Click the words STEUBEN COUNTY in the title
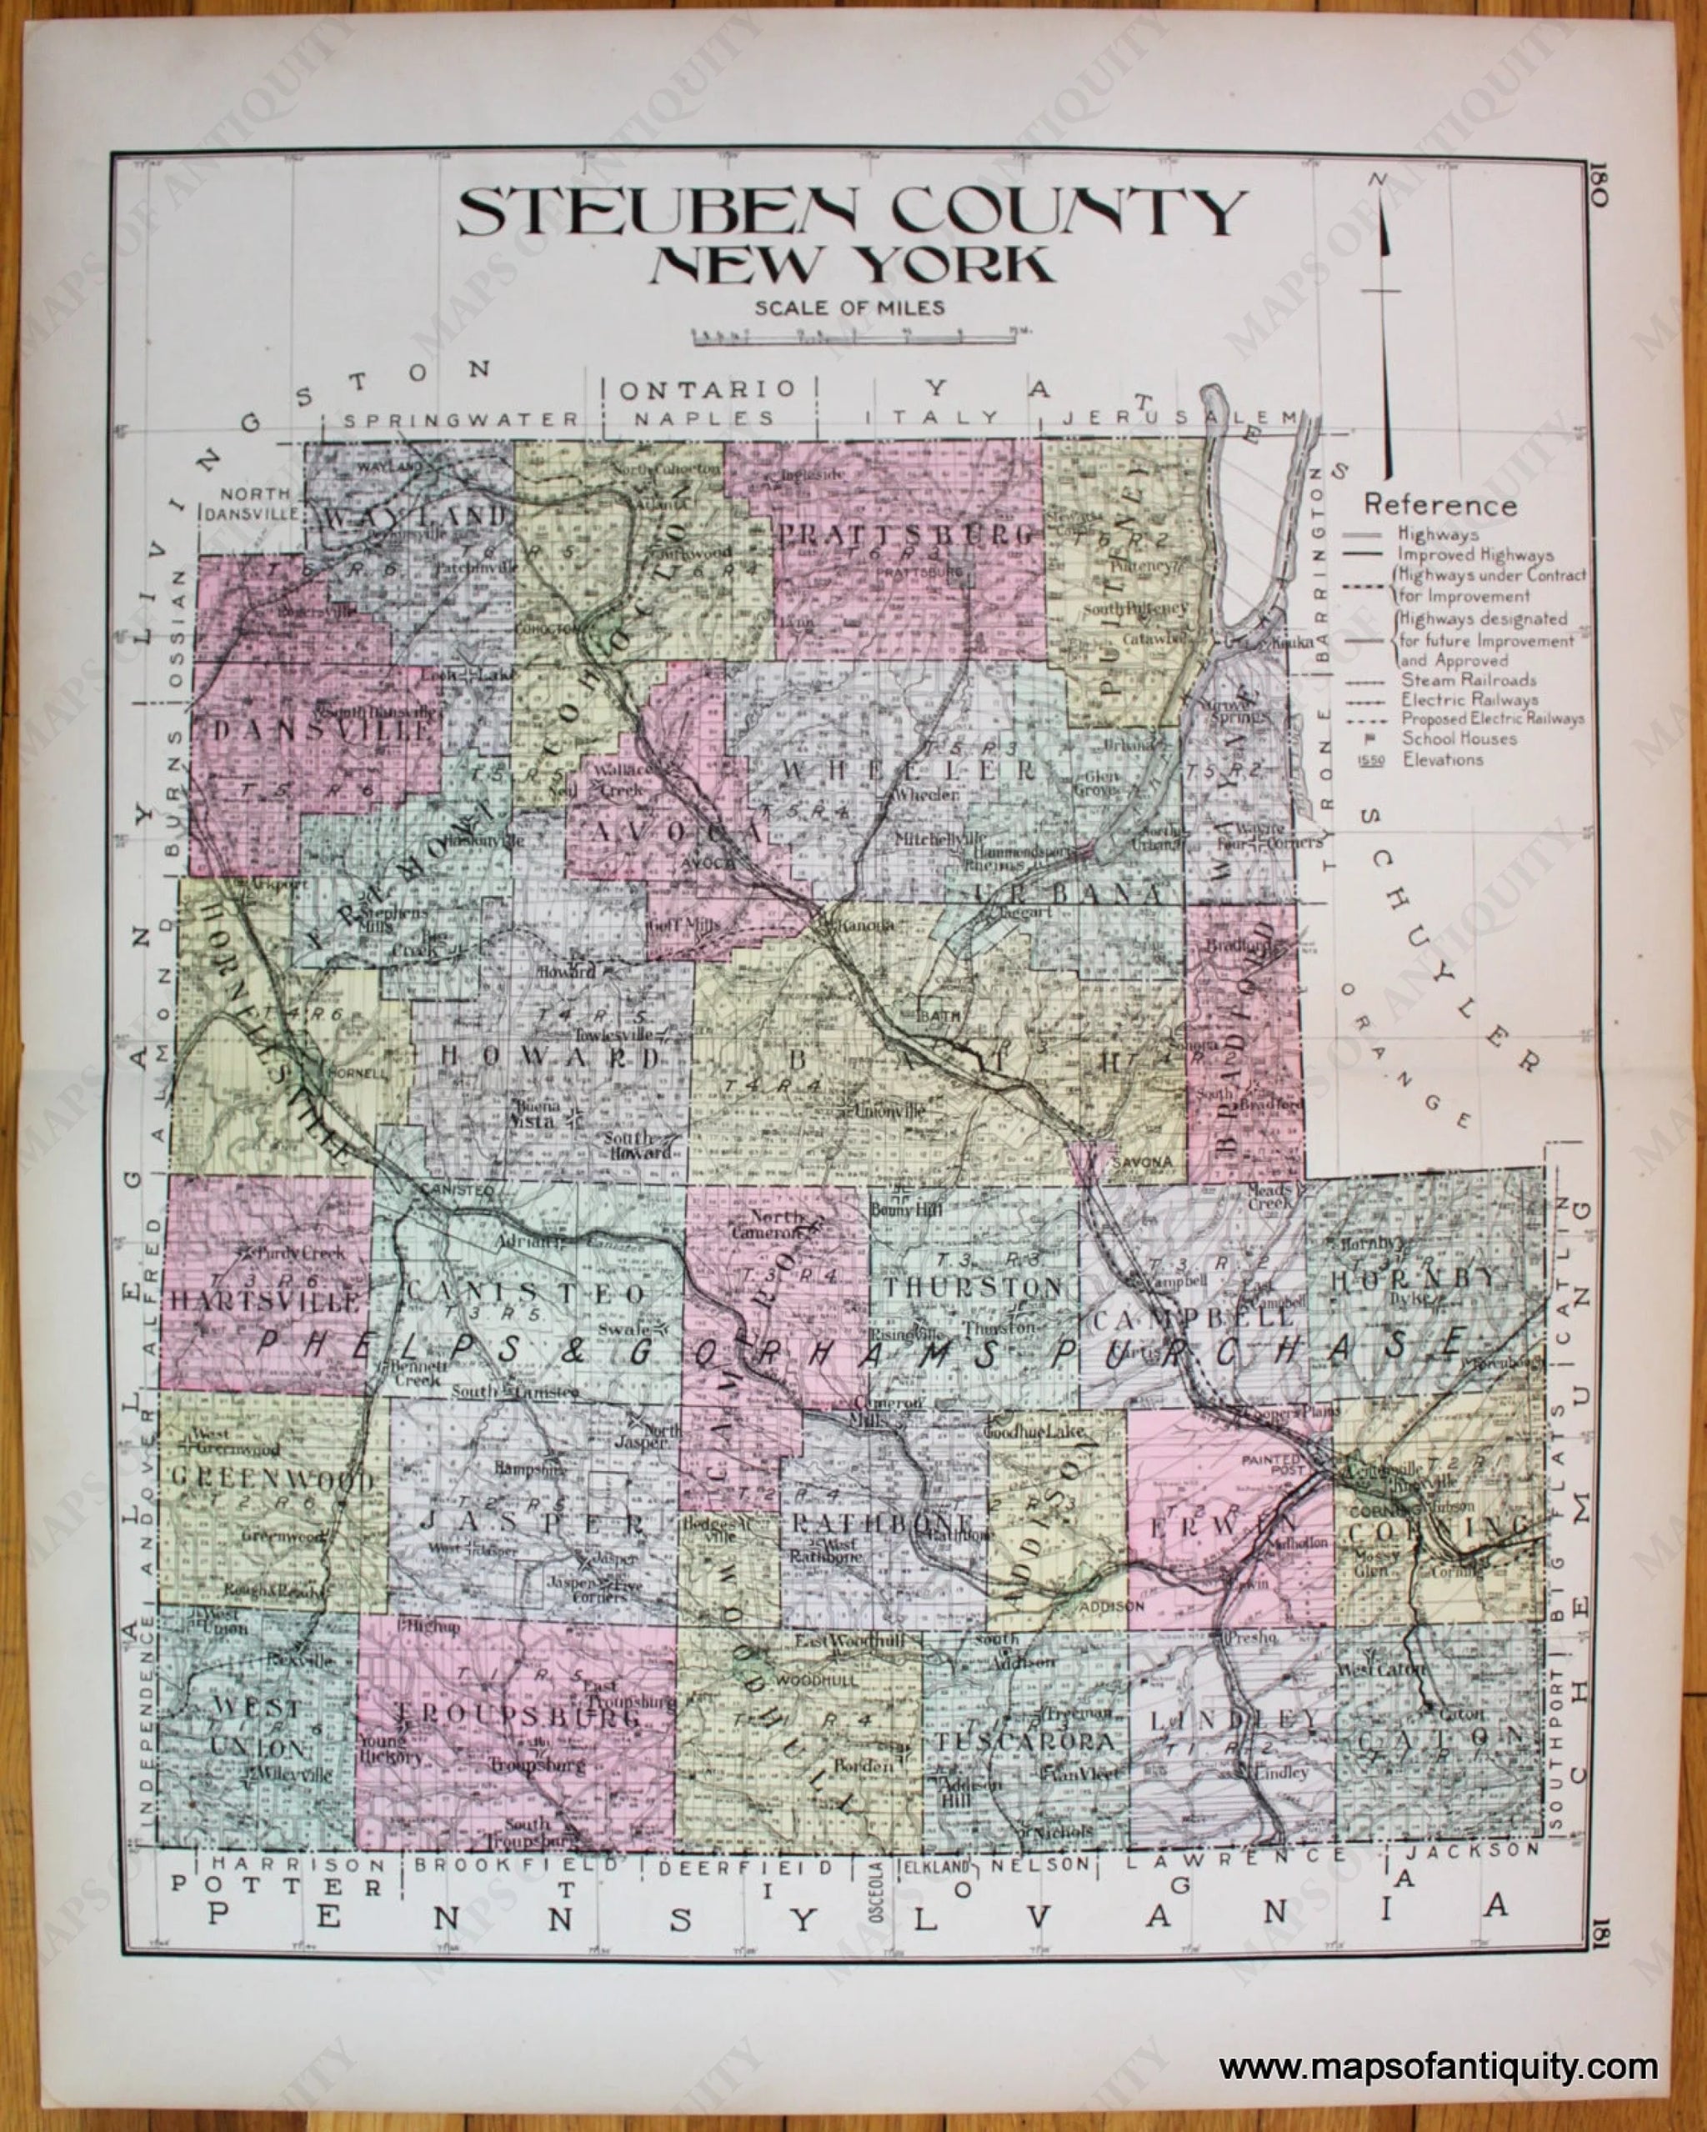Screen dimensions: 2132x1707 [850, 213]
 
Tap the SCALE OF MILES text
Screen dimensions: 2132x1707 [849, 308]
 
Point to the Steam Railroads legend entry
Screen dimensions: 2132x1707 [1468, 680]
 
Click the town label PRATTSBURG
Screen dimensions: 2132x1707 [908, 536]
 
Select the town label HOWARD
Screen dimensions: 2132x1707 [550, 1056]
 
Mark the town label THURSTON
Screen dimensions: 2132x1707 [974, 1288]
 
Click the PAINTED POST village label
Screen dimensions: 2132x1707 [1273, 1464]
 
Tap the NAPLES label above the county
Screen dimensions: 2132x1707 [704, 418]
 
